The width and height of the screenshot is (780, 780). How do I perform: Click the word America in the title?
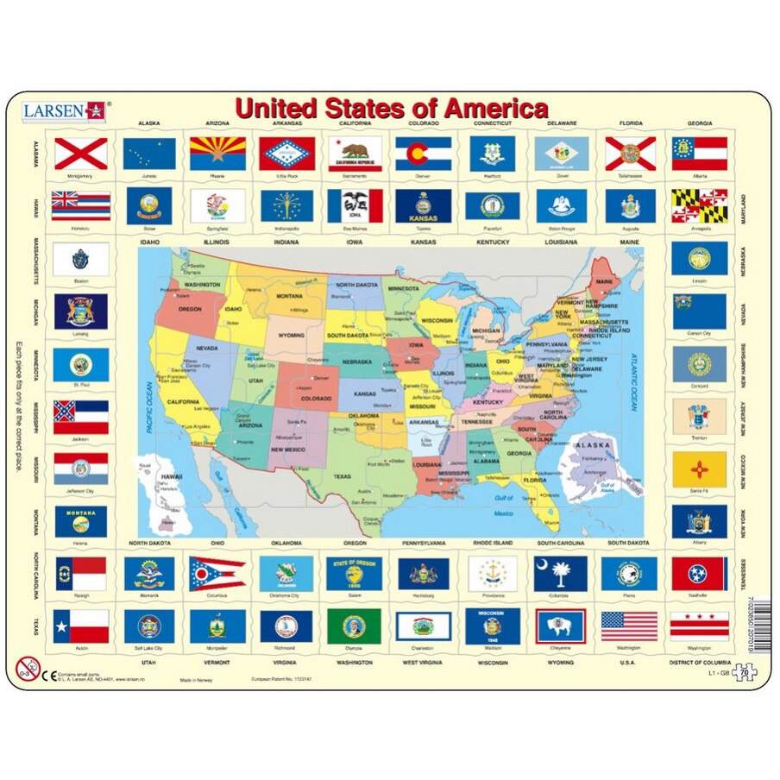coord(496,109)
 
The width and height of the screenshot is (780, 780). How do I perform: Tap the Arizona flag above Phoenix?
coord(217,154)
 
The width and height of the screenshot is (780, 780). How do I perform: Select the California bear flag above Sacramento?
coord(355,154)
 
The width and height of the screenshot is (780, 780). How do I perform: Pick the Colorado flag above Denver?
coord(423,154)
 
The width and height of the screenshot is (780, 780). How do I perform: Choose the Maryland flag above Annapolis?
coord(699,205)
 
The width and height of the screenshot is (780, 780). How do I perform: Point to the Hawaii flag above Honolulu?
coord(81,205)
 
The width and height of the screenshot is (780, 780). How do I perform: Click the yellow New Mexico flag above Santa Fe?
coord(699,469)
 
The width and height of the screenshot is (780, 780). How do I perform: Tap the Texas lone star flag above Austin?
coord(81,626)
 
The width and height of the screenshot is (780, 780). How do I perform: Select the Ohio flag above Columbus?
coord(217,574)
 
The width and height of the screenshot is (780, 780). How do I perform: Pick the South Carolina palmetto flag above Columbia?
coord(561,574)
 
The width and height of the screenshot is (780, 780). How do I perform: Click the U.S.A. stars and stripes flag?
coord(629,626)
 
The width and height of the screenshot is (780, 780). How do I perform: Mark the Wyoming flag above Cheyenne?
coord(561,626)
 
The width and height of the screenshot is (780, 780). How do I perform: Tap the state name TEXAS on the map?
coord(342,475)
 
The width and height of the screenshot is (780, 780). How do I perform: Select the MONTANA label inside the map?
coord(290,297)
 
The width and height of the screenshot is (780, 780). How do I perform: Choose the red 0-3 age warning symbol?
coord(28,668)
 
